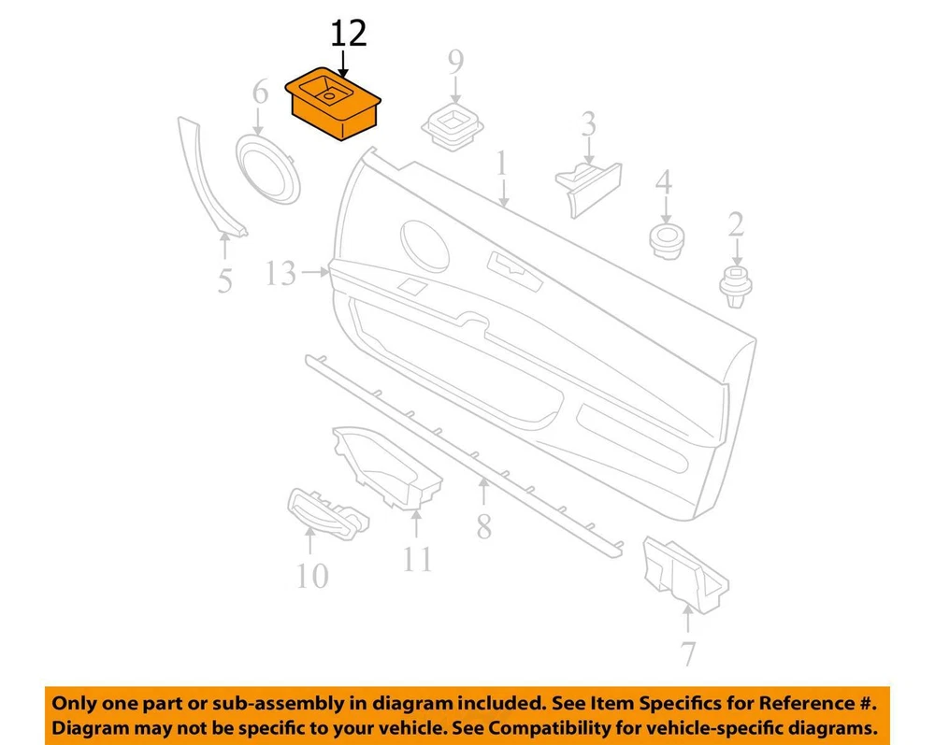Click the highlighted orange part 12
point(334,104)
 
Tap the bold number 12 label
point(349,34)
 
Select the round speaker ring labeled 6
point(267,168)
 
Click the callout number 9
point(455,62)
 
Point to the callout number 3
point(588,124)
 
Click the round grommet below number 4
point(666,241)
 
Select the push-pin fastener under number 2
point(737,287)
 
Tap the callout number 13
point(280,273)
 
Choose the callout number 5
point(224,280)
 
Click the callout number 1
point(502,163)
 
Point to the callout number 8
point(484,525)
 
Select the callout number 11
point(417,558)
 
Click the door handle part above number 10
point(328,513)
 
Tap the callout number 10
point(312,577)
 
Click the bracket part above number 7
point(685,575)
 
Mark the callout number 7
point(688,653)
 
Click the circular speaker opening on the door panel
point(424,243)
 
